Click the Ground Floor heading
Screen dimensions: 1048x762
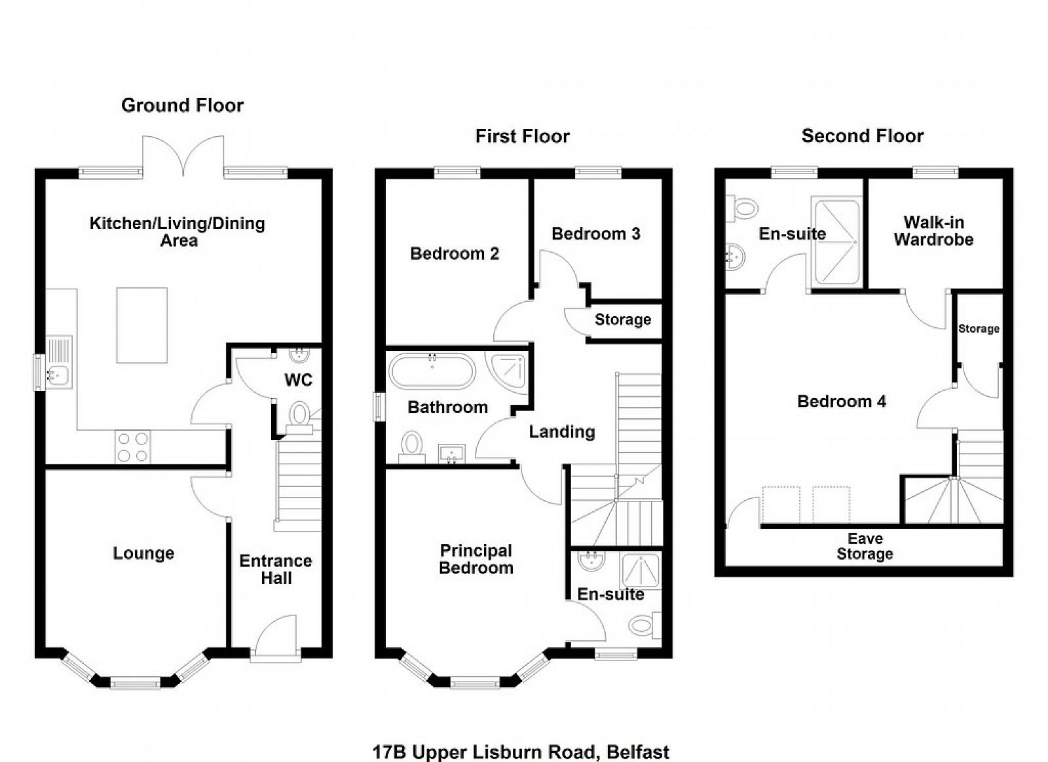click(x=182, y=105)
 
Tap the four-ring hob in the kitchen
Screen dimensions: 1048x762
click(x=133, y=447)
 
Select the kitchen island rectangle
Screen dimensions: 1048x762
click(x=141, y=325)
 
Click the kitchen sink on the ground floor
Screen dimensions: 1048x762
click(x=59, y=362)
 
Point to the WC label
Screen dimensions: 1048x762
click(x=299, y=380)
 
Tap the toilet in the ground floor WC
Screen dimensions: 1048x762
click(x=299, y=417)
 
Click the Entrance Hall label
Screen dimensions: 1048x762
click(x=276, y=570)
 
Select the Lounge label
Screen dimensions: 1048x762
click(x=143, y=554)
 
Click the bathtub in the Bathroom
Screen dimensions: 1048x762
click(x=432, y=371)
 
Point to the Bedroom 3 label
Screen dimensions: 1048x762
click(x=595, y=234)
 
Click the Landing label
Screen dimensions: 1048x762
click(x=562, y=432)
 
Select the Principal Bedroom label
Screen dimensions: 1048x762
click(x=476, y=560)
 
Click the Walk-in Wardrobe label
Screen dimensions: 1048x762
click(x=934, y=231)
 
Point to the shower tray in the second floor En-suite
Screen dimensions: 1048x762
click(x=837, y=242)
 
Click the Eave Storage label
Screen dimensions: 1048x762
click(x=865, y=546)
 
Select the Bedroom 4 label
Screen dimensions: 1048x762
click(x=842, y=401)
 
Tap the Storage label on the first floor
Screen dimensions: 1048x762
click(x=623, y=319)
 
